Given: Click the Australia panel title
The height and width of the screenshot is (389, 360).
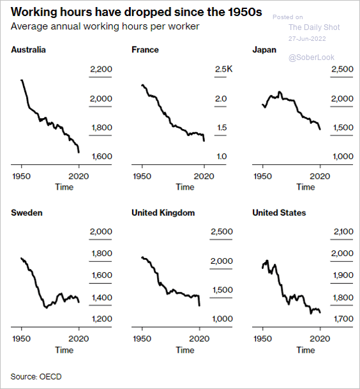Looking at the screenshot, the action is [x=28, y=50].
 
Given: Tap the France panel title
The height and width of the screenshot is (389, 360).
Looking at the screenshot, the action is [x=145, y=50].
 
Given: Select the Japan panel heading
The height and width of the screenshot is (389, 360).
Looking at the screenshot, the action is [x=264, y=50].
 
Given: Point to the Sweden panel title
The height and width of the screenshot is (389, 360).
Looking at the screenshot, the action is [x=27, y=213].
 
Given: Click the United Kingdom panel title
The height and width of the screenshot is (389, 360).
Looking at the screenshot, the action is [x=163, y=213].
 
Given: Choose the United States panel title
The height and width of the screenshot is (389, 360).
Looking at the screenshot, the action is [x=279, y=213].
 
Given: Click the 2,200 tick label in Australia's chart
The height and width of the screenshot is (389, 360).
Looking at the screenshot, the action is [x=101, y=69].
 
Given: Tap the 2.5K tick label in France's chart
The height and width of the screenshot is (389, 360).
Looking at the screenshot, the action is [x=223, y=69].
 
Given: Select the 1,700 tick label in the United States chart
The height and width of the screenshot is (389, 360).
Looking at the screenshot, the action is [x=343, y=319].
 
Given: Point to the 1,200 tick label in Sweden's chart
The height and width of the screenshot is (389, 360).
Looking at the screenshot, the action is [x=101, y=319].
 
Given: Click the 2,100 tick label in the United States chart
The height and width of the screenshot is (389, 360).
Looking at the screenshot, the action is [x=343, y=231].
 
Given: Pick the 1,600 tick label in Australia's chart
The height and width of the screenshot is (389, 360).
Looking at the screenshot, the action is [x=101, y=156].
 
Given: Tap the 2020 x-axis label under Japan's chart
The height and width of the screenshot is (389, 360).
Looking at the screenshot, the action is [x=320, y=176].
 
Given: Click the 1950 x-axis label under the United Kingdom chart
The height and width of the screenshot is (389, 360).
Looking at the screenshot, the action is [x=142, y=339].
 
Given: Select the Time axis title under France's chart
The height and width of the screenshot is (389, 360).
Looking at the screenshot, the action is [x=185, y=187].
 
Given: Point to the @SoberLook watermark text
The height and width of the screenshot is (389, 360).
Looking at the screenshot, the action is [x=311, y=57].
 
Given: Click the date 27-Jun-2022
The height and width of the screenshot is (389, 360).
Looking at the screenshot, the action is [x=307, y=39].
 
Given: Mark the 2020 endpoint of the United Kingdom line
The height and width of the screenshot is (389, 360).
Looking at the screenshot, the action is [x=199, y=305].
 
